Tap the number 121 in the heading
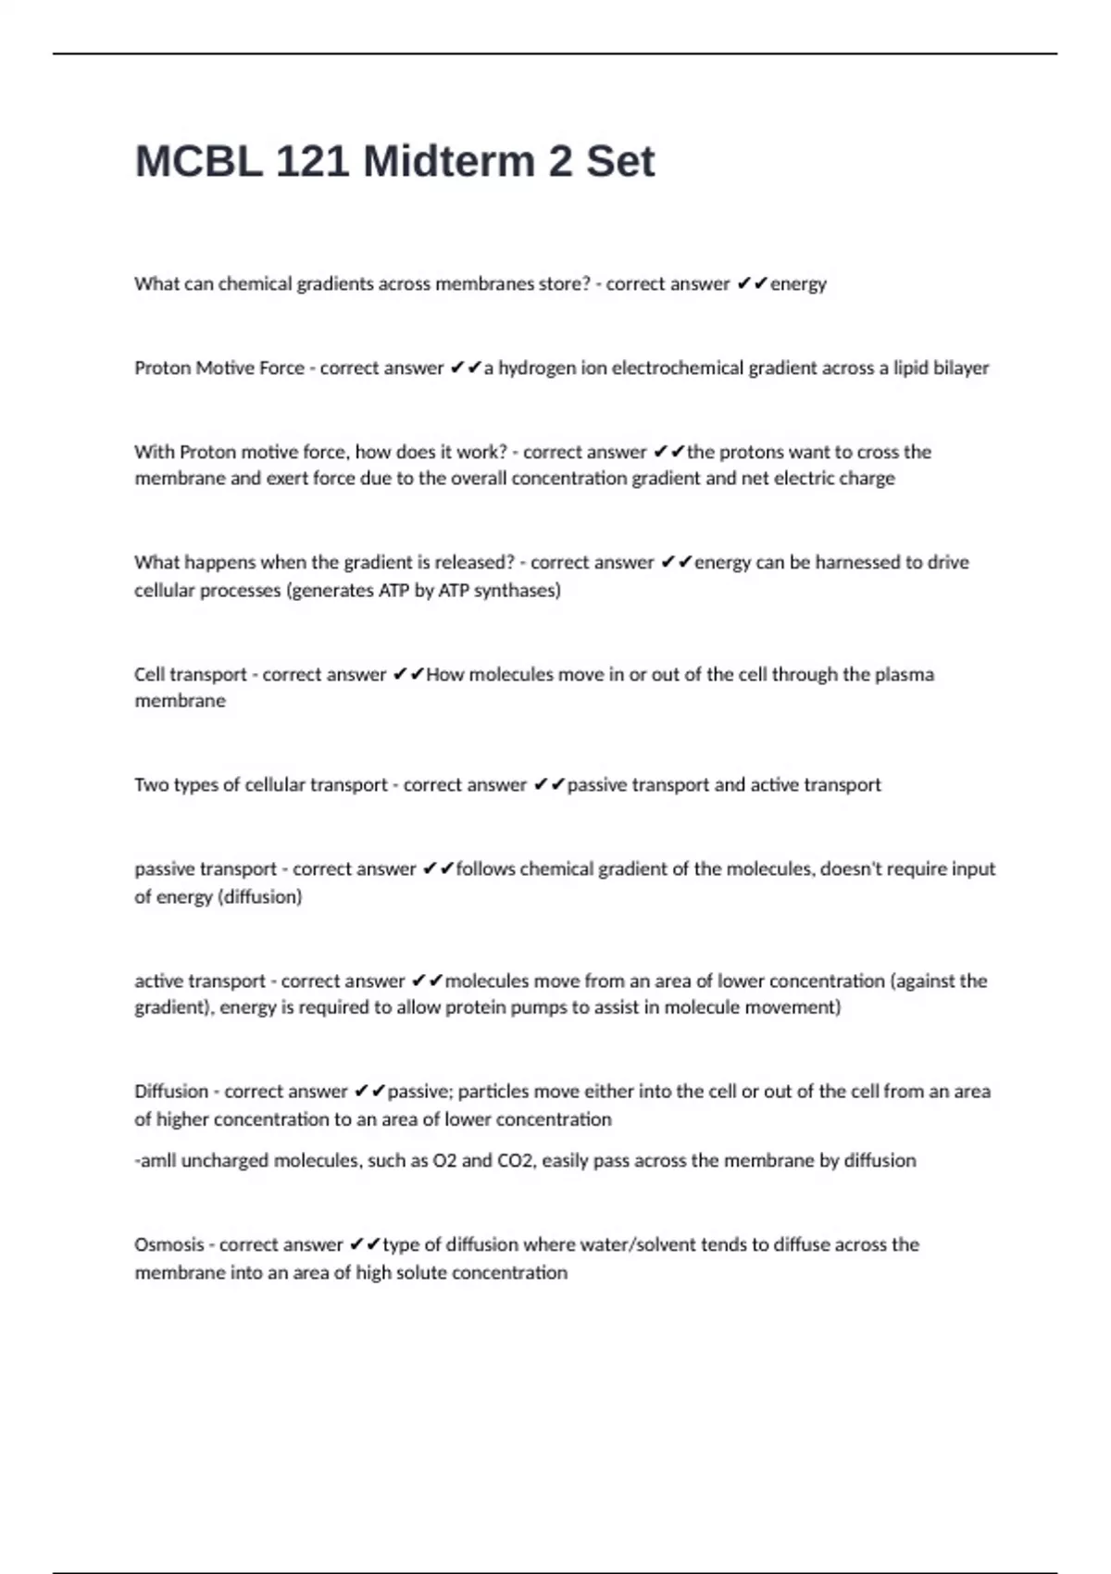[x=312, y=162]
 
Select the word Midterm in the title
[x=449, y=162]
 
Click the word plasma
[x=902, y=675]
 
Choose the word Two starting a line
[x=151, y=785]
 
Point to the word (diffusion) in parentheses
[x=259, y=897]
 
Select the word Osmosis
[x=169, y=1245]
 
